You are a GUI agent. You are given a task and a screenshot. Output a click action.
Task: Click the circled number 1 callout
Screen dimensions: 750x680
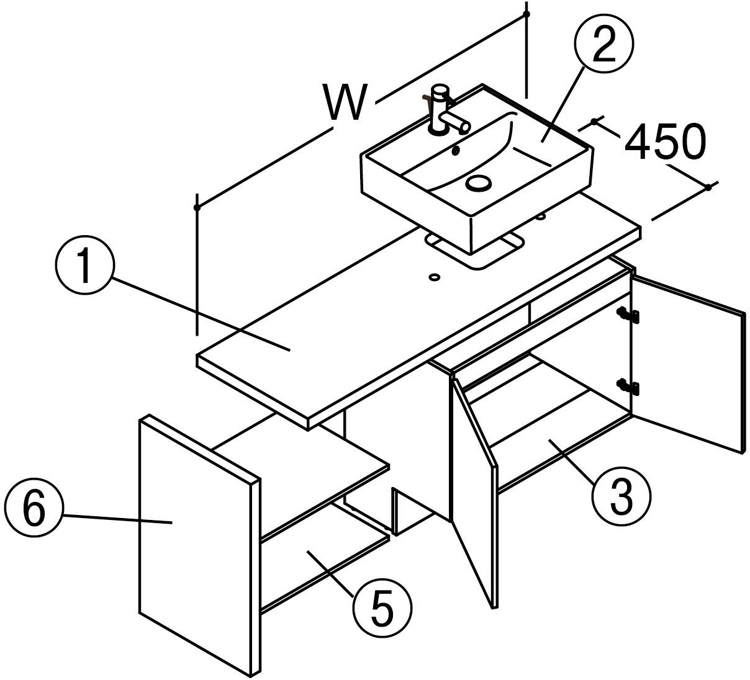85,266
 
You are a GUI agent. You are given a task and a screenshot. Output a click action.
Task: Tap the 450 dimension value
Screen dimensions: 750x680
665,141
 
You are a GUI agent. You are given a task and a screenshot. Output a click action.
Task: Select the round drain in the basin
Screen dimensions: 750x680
478,183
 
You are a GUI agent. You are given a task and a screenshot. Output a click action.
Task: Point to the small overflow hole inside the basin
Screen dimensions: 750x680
455,150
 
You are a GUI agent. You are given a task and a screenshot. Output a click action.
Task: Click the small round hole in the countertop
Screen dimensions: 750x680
435,277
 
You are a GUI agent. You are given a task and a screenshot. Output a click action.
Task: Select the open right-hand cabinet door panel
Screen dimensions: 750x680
687,362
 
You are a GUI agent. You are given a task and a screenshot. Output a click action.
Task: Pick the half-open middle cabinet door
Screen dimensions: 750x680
475,493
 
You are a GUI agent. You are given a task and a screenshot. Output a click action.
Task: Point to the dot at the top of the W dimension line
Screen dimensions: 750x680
526,14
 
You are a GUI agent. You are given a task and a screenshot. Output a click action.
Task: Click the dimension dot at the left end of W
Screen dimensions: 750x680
197,207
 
